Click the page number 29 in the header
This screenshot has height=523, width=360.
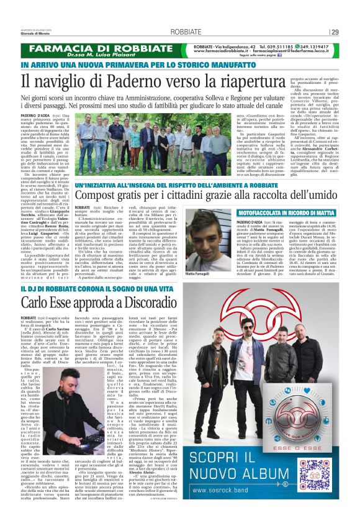click(x=335, y=32)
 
